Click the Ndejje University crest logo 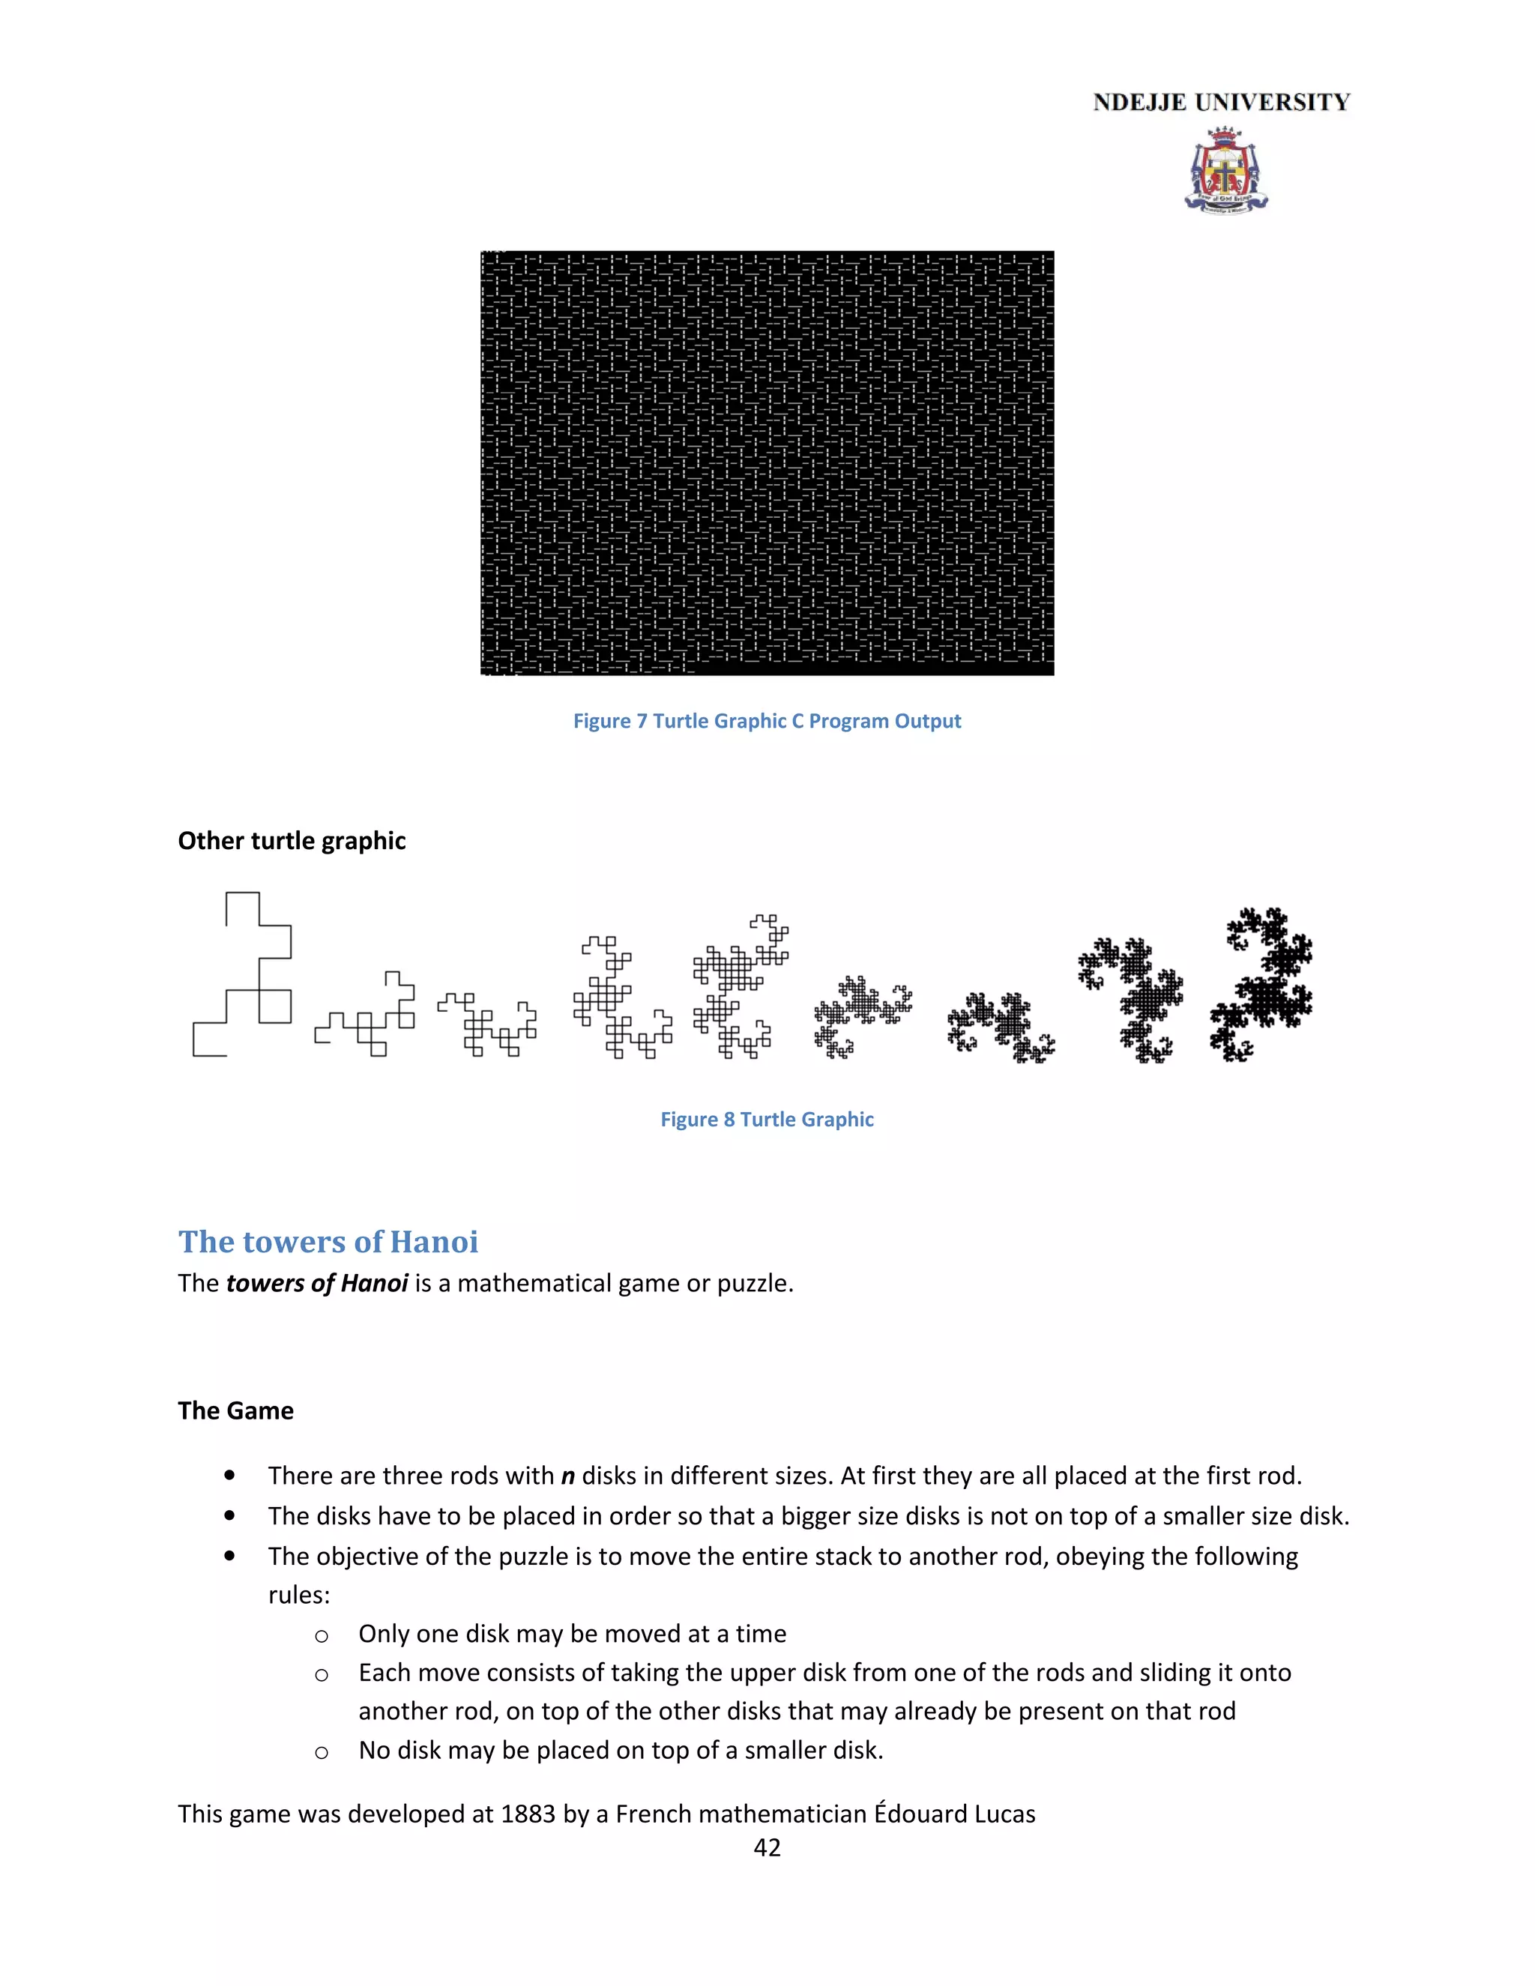(x=1225, y=171)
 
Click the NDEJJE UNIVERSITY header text (x=1221, y=103)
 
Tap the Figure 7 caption (x=767, y=721)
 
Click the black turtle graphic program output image (x=767, y=463)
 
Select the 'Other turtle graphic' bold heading (x=292, y=841)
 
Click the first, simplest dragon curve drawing (x=243, y=974)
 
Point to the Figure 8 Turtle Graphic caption (x=767, y=1120)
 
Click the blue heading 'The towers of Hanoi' (x=328, y=1242)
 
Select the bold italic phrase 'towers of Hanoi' (x=316, y=1283)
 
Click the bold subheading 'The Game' (x=235, y=1410)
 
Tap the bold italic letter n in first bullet (x=567, y=1476)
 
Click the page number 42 (x=767, y=1848)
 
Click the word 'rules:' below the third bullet (x=299, y=1595)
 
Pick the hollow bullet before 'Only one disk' (x=321, y=1636)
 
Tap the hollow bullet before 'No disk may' (x=321, y=1752)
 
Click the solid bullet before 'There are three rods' (x=229, y=1476)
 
